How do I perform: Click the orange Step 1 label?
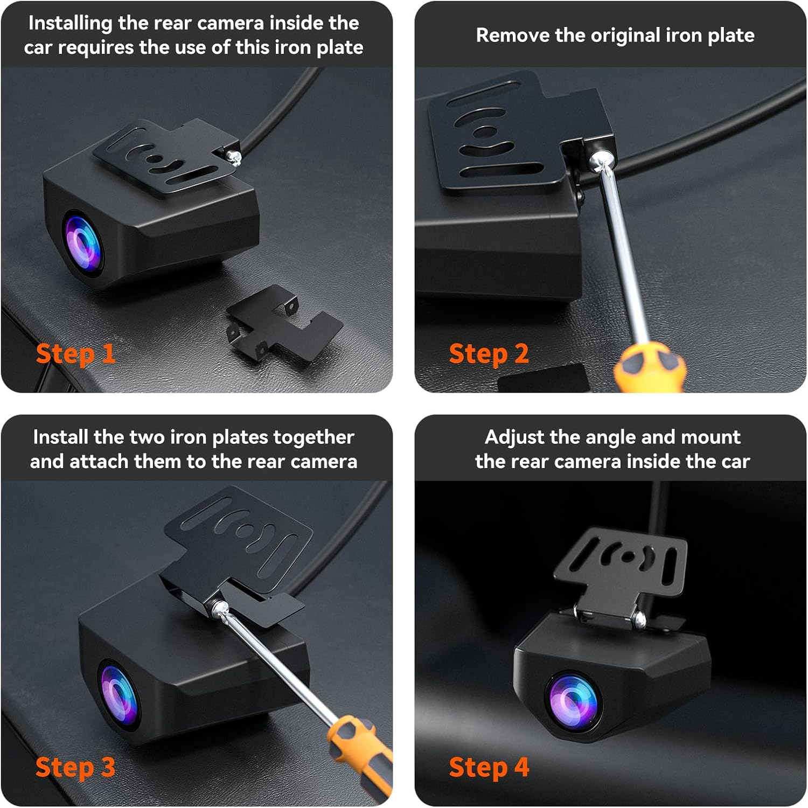[75, 354]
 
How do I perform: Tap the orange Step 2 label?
[489, 354]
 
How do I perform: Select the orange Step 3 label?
[75, 767]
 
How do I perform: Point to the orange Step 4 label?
[489, 767]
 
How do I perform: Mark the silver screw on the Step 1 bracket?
[235, 156]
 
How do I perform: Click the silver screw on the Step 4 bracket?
[639, 619]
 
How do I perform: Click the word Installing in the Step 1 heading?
[70, 23]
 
